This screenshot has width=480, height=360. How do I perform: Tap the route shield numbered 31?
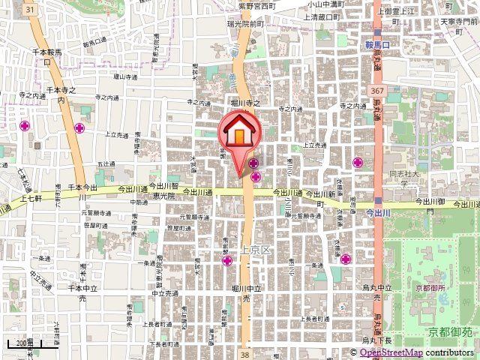[x=28, y=8]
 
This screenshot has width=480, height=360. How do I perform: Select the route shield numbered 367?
[x=373, y=90]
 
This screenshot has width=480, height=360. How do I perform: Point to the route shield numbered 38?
[x=244, y=352]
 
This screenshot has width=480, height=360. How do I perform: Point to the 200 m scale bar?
[x=23, y=344]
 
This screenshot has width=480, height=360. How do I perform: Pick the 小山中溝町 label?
[x=325, y=4]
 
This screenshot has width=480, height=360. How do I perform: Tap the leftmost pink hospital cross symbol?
[x=25, y=125]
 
